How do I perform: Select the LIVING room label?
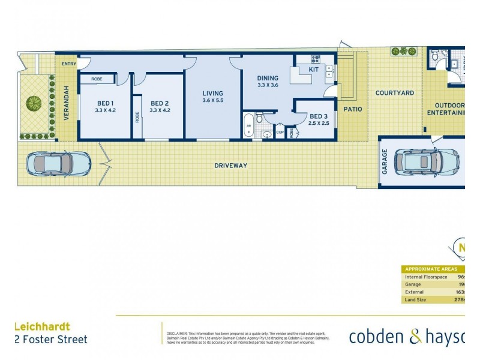[212, 94]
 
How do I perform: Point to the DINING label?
[268, 79]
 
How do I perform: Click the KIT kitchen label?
[314, 70]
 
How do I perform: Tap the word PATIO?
[353, 109]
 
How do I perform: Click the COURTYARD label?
[395, 93]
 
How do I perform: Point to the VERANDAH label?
[67, 104]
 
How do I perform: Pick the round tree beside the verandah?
[34, 103]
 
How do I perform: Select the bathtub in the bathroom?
[249, 125]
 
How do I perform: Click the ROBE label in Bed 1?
[97, 79]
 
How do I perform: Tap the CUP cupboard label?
[280, 133]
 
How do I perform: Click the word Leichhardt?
[41, 327]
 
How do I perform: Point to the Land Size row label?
[416, 299]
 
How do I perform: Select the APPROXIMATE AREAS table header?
[431, 269]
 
